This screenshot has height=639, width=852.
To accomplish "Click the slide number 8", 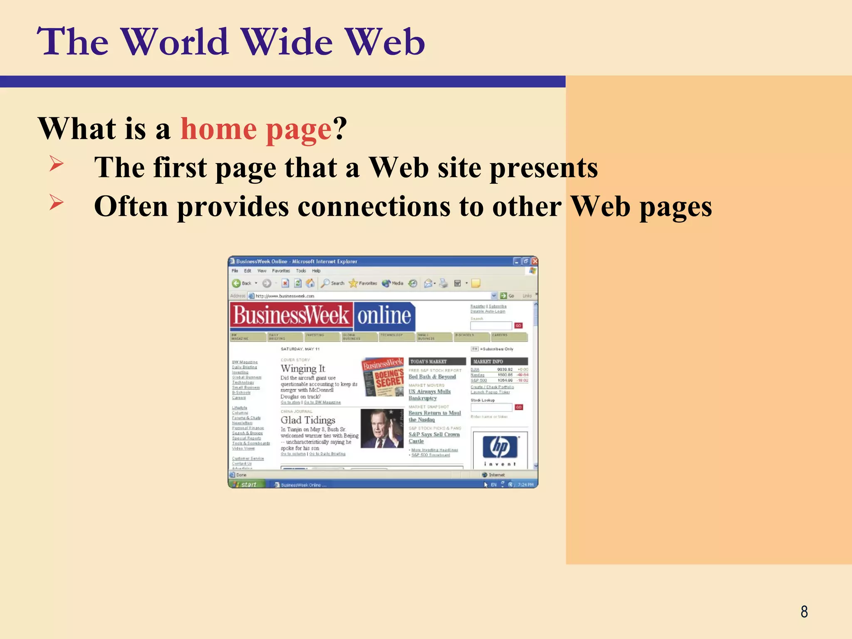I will pyautogui.click(x=804, y=612).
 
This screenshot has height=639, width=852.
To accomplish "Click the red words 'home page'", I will pyautogui.click(x=256, y=129).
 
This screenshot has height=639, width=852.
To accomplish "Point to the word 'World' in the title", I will pyautogui.click(x=176, y=42).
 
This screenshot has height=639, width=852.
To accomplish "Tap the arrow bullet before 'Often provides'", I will pyautogui.click(x=56, y=202).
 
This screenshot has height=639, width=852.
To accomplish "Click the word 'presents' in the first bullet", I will pyautogui.click(x=543, y=168).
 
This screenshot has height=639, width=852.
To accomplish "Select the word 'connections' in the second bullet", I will pyautogui.click(x=374, y=206).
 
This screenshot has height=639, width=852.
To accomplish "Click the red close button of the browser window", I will pyautogui.click(x=535, y=261).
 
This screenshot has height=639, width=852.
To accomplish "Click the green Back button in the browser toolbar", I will pyautogui.click(x=237, y=283).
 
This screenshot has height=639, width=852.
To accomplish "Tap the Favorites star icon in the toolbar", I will pyautogui.click(x=353, y=283).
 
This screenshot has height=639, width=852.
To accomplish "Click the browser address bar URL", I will pyautogui.click(x=285, y=296).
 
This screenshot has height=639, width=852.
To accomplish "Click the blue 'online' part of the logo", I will pyautogui.click(x=384, y=316).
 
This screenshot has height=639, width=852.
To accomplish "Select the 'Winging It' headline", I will pyautogui.click(x=302, y=369).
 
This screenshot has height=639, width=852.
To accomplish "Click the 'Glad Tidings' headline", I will pyautogui.click(x=307, y=420).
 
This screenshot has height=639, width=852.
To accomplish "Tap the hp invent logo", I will pyautogui.click(x=500, y=449).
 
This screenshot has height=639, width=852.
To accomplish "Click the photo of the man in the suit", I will pyautogui.click(x=381, y=428).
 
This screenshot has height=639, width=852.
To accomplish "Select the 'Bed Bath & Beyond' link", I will pyautogui.click(x=432, y=377).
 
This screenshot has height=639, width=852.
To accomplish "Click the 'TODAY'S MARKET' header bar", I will pyautogui.click(x=437, y=362).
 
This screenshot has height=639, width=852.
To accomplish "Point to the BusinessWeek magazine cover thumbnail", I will pyautogui.click(x=383, y=377).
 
